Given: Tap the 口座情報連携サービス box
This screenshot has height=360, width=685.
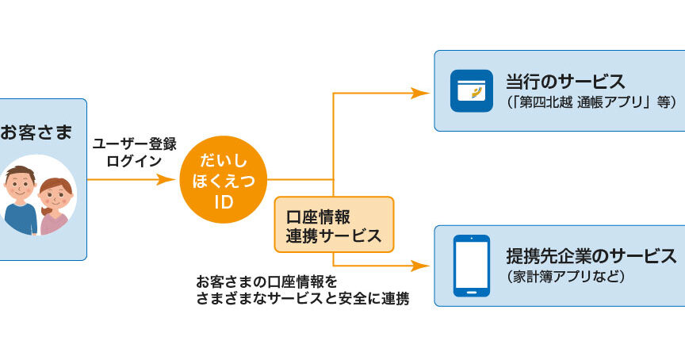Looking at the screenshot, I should [334, 224].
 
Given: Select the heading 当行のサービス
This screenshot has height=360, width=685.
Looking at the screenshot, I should [565, 82].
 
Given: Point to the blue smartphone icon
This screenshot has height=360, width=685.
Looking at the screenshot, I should [471, 266].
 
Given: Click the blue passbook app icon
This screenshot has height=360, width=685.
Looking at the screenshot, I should [471, 90].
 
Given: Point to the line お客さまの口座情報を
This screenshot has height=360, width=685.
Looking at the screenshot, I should [266, 281].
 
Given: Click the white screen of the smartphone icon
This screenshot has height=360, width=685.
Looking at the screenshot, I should [471, 265].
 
